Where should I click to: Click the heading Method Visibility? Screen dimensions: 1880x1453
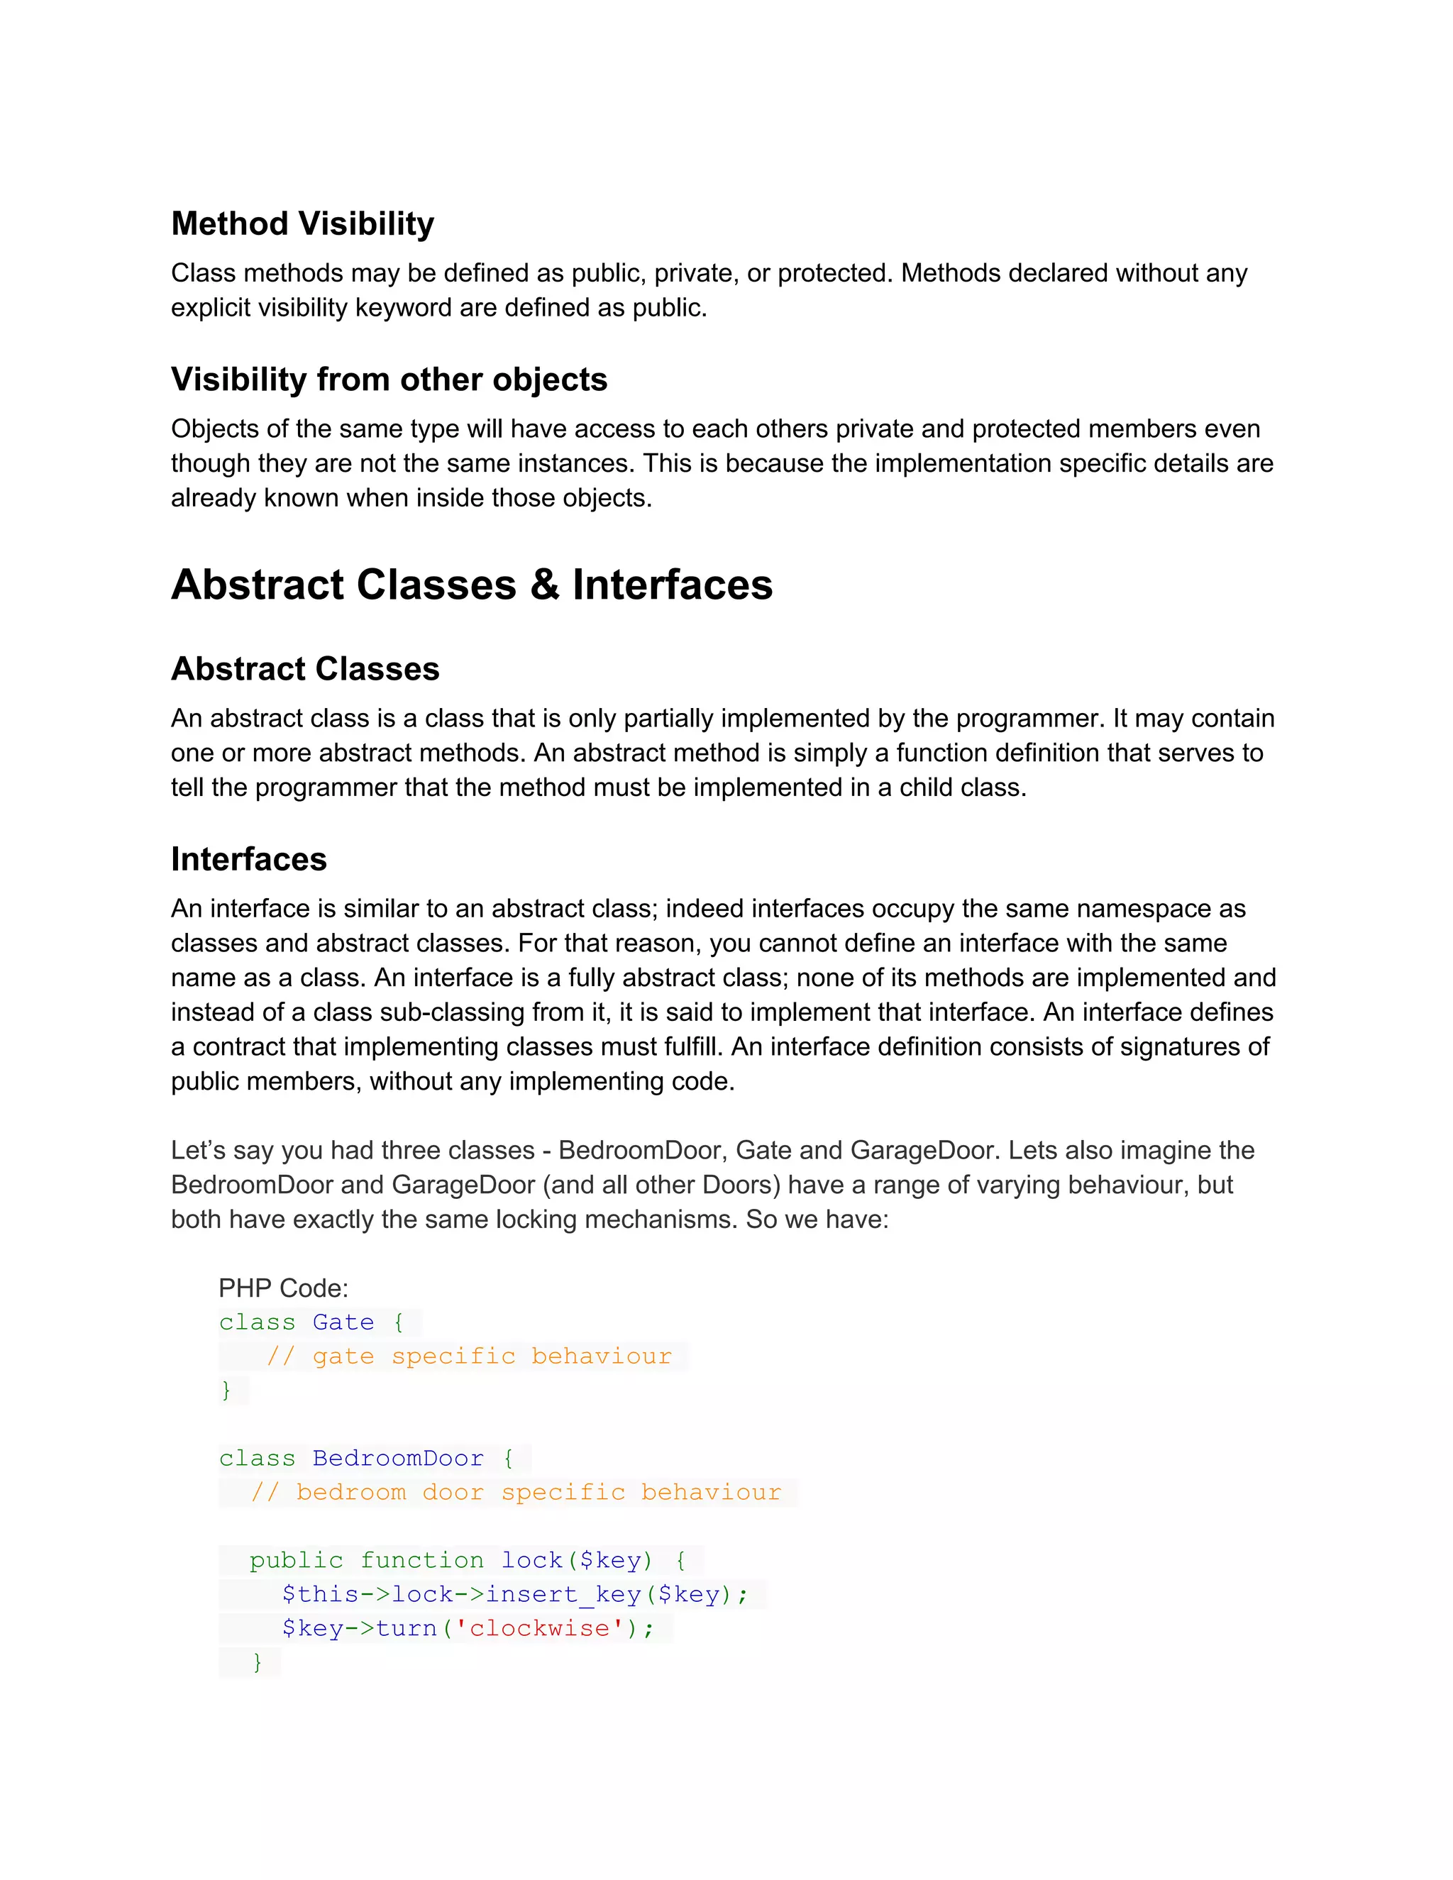pos(302,223)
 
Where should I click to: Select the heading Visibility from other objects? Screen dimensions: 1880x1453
pos(389,380)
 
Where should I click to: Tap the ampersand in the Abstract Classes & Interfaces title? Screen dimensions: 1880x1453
pos(544,585)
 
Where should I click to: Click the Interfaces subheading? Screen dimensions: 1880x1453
pos(249,859)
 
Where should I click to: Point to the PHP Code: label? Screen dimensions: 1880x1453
pos(283,1288)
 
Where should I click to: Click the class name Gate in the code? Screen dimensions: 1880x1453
pos(343,1322)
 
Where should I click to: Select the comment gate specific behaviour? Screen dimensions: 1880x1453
pos(469,1356)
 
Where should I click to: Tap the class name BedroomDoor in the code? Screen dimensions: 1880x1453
pos(398,1458)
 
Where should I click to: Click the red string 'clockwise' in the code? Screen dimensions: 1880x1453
pos(539,1627)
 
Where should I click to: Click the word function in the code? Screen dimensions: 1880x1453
pos(422,1560)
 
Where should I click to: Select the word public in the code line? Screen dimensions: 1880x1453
pos(296,1560)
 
